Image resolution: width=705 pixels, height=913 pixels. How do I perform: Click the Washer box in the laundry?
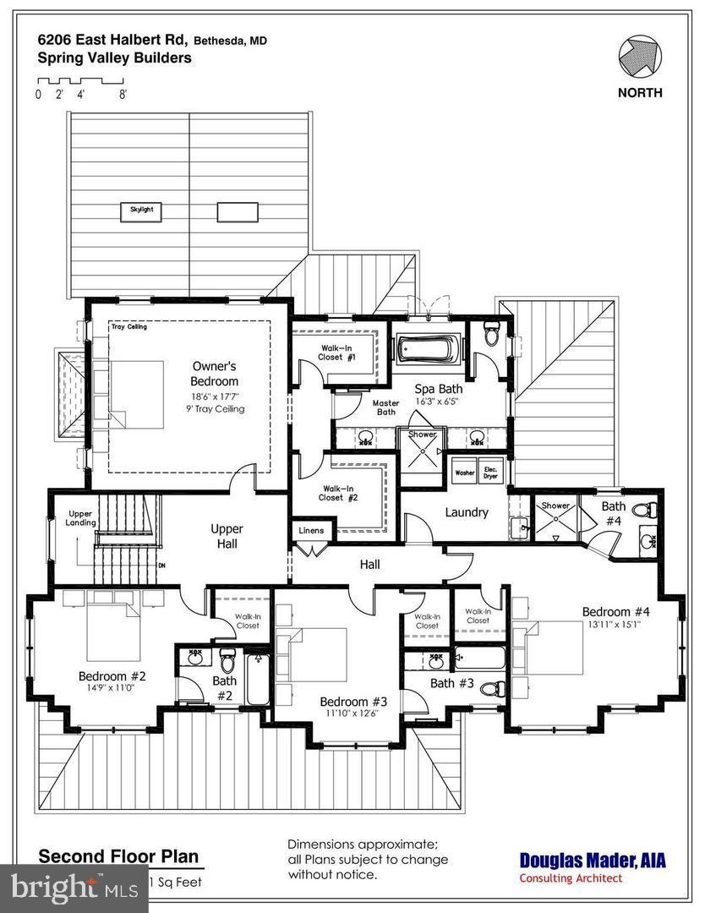coord(464,473)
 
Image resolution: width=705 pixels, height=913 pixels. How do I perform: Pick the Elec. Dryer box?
coord(490,472)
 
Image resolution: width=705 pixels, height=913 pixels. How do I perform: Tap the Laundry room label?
coord(466,512)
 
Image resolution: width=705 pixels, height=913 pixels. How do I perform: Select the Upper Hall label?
coord(227,536)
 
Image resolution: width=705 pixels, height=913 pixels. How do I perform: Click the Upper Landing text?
coord(80,518)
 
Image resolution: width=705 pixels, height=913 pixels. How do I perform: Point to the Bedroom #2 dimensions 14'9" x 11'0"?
coord(112,688)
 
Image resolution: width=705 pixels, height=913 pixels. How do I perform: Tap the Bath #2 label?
coord(224,687)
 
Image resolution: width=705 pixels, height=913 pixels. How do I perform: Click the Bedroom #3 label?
coord(352,701)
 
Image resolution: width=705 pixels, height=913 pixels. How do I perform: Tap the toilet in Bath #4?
coord(647,510)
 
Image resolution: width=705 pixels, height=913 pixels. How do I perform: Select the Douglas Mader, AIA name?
coord(592,861)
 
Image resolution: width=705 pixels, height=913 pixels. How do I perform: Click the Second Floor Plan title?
coord(118,856)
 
